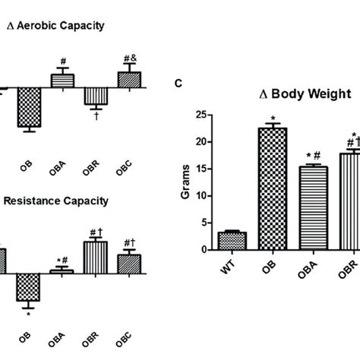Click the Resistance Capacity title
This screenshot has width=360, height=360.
pos(56,201)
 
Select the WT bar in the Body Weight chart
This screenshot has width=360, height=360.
pos(232,241)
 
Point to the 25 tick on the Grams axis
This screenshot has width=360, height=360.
pos(200,115)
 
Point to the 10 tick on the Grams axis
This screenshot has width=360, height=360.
pos(200,195)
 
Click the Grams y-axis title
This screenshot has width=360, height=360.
pos(185,183)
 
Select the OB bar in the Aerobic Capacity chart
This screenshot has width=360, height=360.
pos(30,107)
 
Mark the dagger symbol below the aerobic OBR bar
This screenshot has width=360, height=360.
pos(96,115)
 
